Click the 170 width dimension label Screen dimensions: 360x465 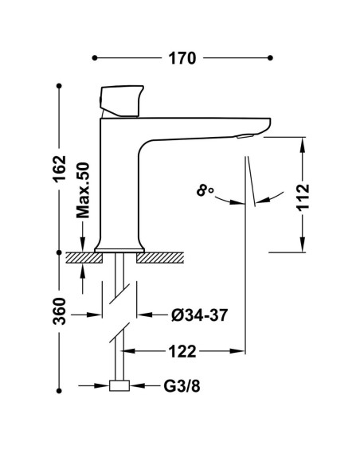coord(182,58)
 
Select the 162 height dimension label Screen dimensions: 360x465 coord(59,169)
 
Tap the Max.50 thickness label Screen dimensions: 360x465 coord(83,190)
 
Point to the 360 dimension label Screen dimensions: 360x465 coord(59,311)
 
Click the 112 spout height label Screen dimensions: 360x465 coord(303,197)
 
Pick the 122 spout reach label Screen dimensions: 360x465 coord(182,351)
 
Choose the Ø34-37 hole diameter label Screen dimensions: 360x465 coord(199,315)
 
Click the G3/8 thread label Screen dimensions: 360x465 coord(182,386)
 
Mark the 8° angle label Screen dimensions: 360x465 coord(205,190)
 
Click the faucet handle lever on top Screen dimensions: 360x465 coord(122,101)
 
